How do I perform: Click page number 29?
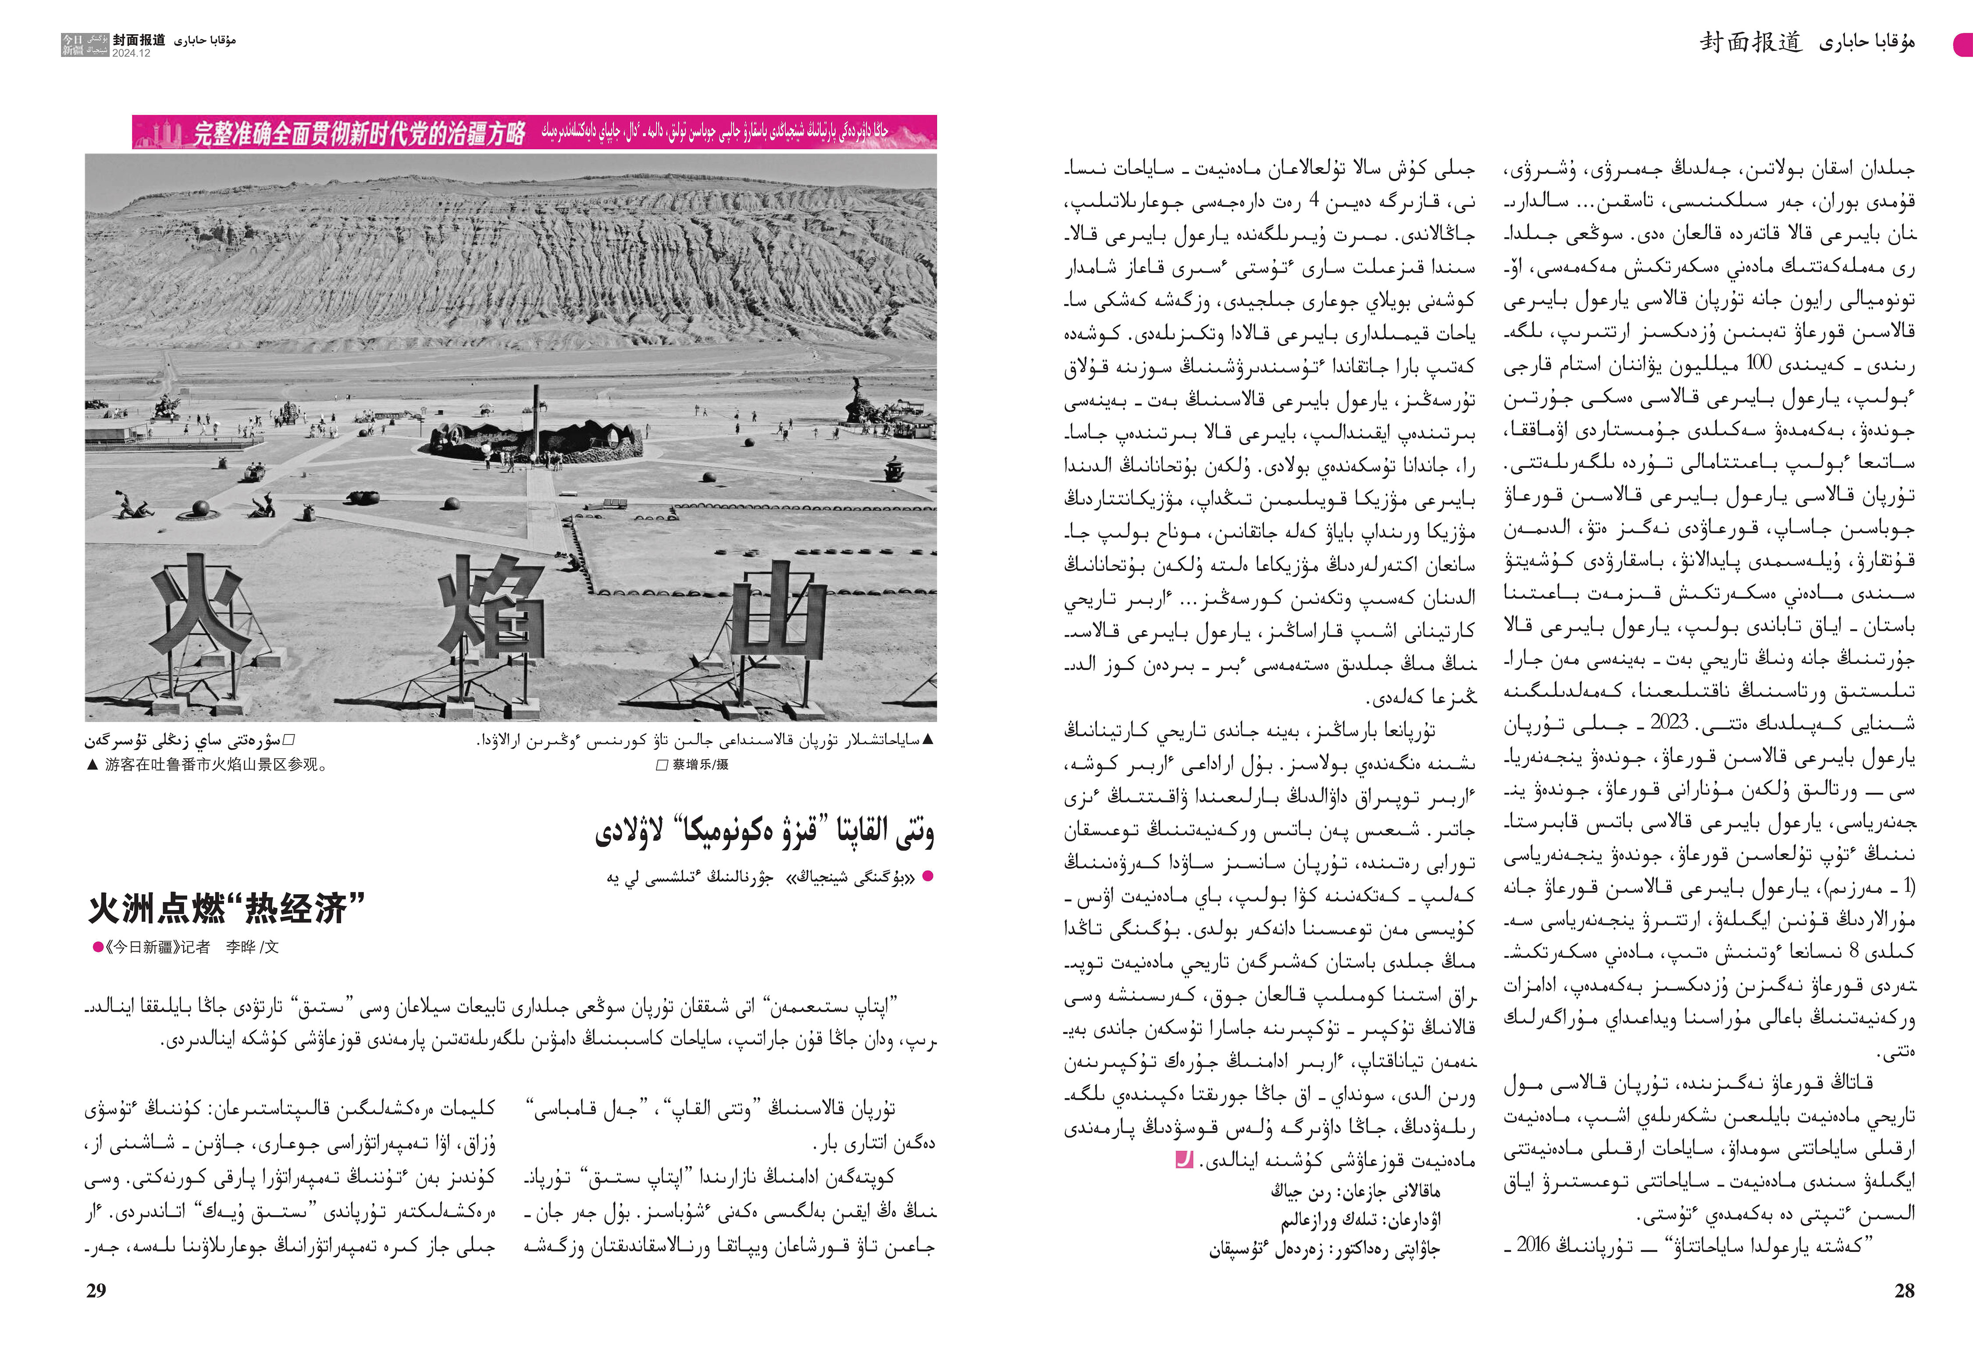(96, 1290)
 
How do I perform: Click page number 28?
(1904, 1290)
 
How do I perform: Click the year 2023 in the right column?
(1669, 722)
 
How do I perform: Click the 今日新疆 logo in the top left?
(85, 44)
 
